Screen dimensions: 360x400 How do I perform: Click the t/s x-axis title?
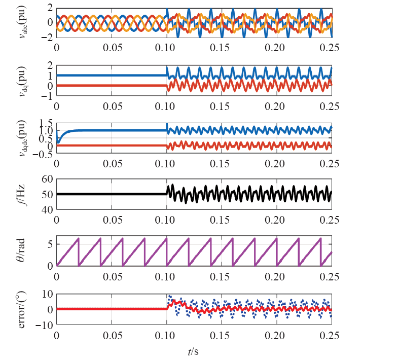193,349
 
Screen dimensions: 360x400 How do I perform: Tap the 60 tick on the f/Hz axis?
48,179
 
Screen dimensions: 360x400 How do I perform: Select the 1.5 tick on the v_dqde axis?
46,122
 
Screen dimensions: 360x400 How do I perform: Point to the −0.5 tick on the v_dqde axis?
44,155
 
